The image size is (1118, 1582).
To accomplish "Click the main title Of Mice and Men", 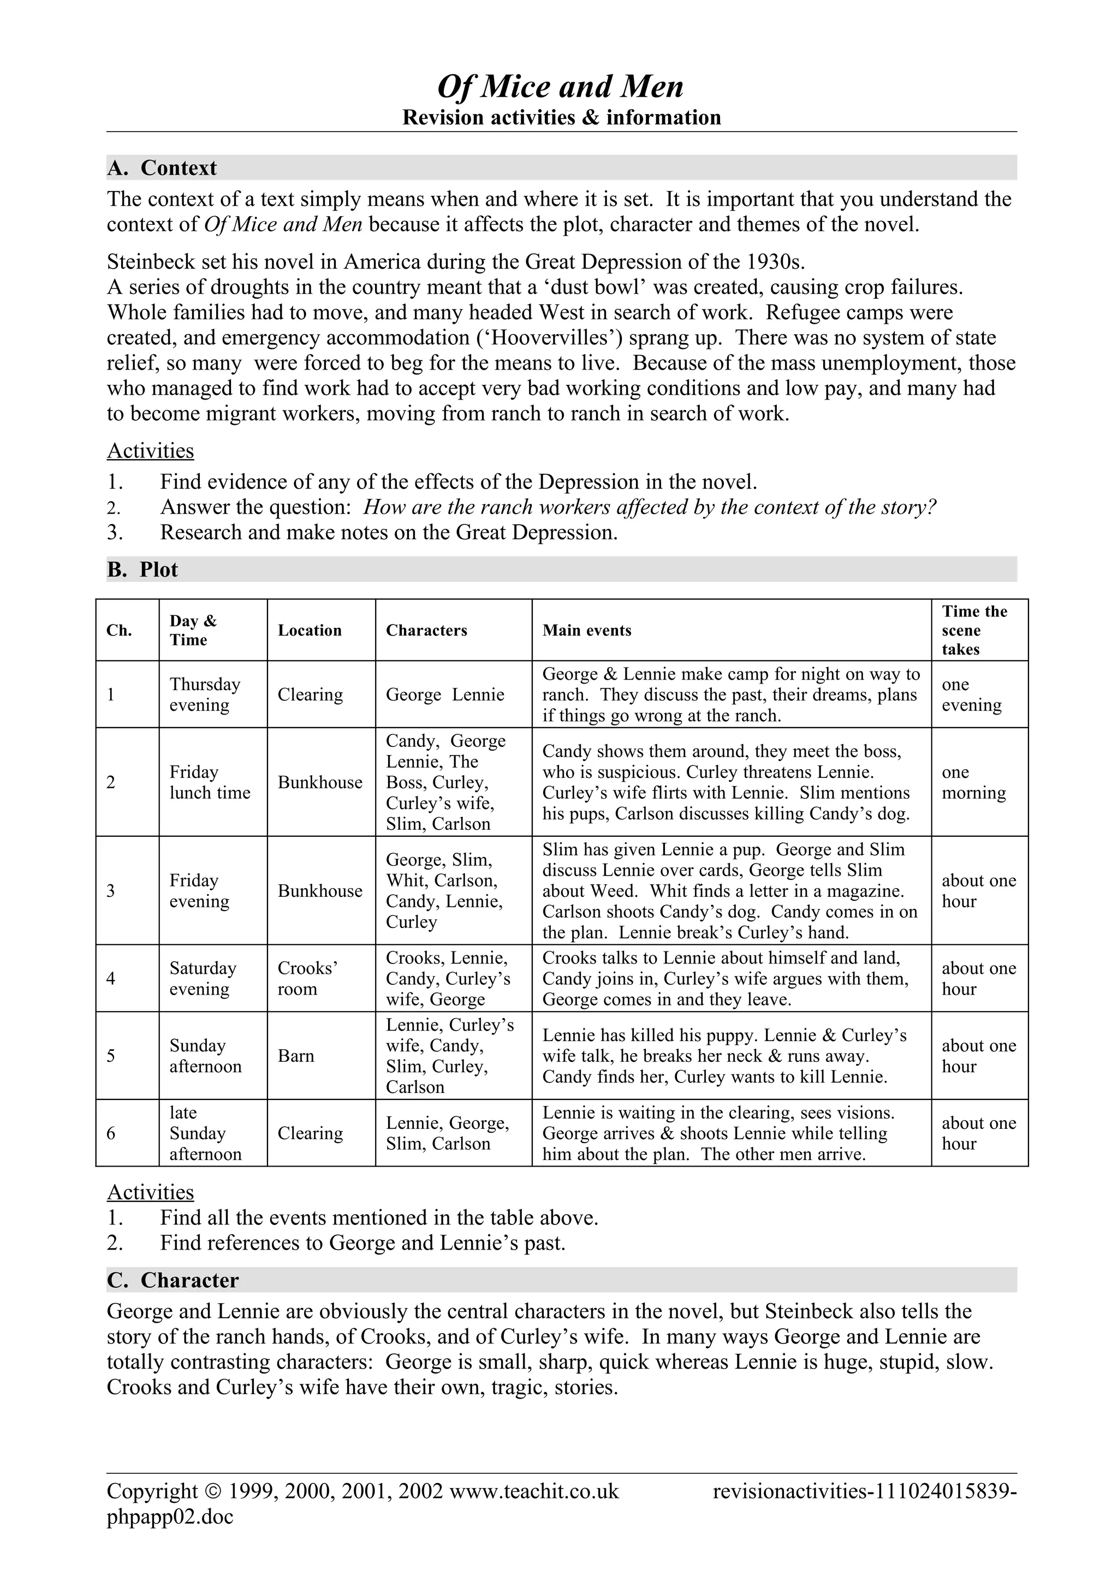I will (560, 87).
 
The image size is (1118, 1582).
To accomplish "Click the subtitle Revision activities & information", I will (561, 118).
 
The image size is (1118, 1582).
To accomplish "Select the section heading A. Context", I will (162, 168).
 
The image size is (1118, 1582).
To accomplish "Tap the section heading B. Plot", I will (142, 570).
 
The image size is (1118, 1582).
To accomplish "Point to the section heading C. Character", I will (173, 1280).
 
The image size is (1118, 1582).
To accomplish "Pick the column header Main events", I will (586, 631).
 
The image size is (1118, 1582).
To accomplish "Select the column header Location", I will (310, 631).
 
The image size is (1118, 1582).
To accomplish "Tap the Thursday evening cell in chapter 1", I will (205, 694).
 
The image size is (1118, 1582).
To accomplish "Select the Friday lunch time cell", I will (210, 782).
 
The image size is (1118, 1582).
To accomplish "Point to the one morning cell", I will (973, 782).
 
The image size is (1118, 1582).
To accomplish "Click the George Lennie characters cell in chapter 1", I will (444, 694).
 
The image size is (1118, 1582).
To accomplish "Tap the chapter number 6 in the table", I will (111, 1133).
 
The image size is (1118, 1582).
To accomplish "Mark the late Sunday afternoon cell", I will (205, 1133).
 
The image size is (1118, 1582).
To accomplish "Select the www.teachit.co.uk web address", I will (534, 1492).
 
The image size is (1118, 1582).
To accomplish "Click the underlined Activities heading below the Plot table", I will (150, 1193).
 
